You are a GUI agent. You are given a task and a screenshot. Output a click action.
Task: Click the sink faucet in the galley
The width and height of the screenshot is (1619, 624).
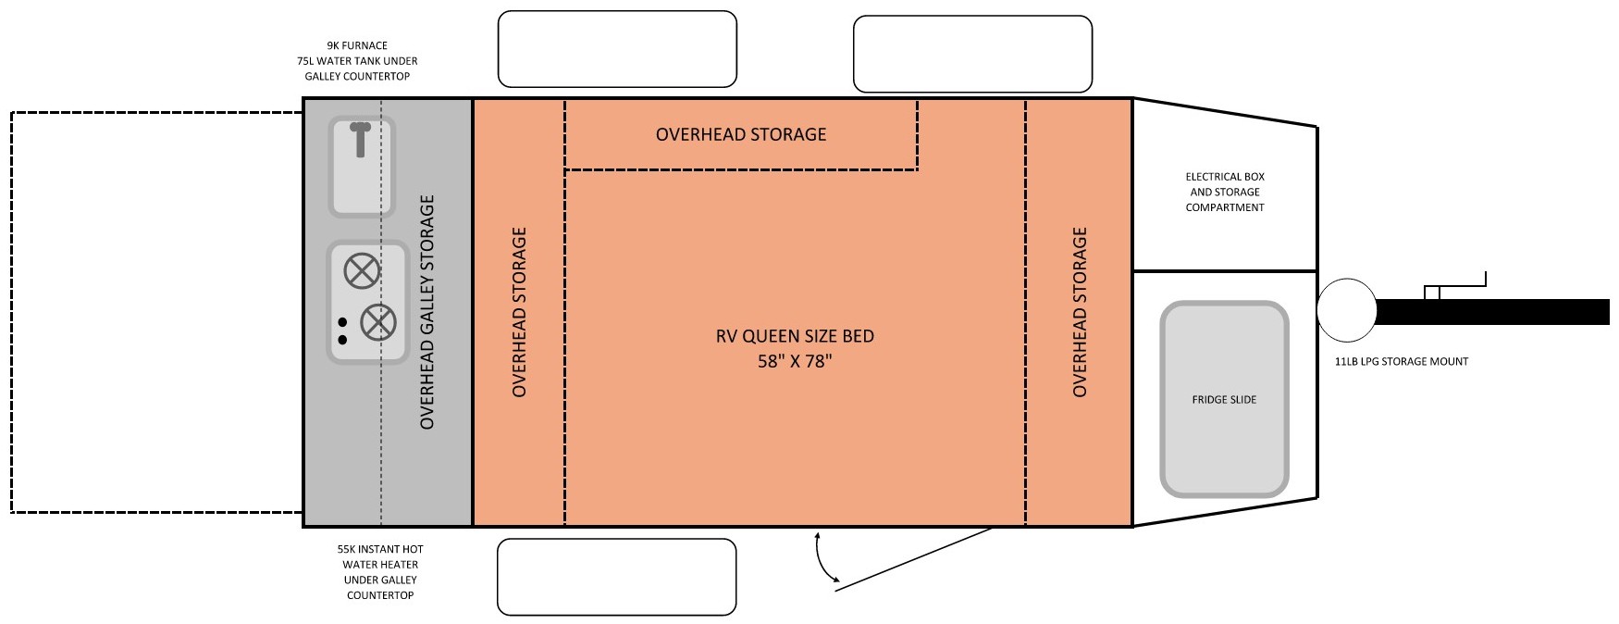click(x=360, y=138)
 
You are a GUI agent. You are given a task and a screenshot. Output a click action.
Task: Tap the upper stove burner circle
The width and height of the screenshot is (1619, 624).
click(x=362, y=271)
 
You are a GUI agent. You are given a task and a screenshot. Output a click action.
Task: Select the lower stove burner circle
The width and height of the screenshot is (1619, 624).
click(x=377, y=322)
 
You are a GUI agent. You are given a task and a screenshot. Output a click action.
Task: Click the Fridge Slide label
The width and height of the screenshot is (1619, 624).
click(x=1223, y=400)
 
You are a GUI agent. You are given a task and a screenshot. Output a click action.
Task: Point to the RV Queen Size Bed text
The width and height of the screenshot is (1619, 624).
click(x=795, y=336)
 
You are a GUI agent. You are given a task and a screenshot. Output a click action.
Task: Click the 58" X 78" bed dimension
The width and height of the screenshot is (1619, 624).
click(x=795, y=361)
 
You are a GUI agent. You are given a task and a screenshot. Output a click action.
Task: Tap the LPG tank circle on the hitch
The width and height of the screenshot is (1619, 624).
click(x=1346, y=311)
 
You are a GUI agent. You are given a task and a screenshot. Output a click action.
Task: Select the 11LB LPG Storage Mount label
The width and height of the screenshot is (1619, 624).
click(x=1401, y=362)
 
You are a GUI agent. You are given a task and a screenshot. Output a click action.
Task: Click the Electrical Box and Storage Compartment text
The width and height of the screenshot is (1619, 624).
click(x=1225, y=192)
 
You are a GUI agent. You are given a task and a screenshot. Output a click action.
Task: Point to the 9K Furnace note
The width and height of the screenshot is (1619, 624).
click(x=357, y=45)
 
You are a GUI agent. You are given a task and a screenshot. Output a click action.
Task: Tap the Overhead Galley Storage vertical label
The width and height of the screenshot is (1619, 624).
click(x=426, y=312)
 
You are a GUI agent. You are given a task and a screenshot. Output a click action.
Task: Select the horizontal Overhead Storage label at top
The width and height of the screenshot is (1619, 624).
click(x=740, y=134)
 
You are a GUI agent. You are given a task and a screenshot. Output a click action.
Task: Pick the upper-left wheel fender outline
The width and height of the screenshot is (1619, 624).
click(x=617, y=49)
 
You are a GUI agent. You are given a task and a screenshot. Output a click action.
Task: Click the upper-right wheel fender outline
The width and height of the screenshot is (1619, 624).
click(x=972, y=54)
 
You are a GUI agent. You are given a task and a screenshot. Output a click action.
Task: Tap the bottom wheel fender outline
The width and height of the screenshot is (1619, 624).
click(x=617, y=577)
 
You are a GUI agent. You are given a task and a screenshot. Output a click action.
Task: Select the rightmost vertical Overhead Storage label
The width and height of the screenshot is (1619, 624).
click(x=1079, y=312)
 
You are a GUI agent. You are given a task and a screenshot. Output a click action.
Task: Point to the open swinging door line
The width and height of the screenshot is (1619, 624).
click(x=916, y=555)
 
